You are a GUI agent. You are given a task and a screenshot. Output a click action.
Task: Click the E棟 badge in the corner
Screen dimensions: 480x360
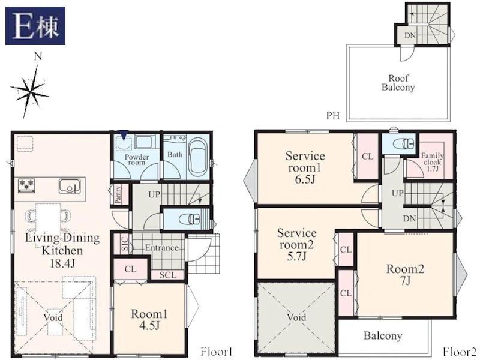(x=35, y=26)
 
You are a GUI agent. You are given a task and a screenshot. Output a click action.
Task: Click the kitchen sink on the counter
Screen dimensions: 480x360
(x=70, y=186)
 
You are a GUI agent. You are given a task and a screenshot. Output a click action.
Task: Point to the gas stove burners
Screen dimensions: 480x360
(x=26, y=185)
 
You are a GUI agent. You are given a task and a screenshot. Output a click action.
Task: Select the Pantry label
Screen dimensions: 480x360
(x=118, y=194)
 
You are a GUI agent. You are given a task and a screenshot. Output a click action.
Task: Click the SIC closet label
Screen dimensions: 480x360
(x=125, y=244)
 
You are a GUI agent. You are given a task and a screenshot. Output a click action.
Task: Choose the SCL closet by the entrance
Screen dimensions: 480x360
(x=168, y=275)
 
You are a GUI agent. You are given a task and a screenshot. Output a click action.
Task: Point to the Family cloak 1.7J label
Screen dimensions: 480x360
(x=432, y=162)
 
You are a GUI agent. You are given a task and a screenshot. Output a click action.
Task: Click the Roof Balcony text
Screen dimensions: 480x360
(x=398, y=83)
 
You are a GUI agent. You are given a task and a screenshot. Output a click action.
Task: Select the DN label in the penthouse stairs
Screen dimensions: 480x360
(x=410, y=35)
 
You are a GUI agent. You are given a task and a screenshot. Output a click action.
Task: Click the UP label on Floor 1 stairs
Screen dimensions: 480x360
(x=154, y=194)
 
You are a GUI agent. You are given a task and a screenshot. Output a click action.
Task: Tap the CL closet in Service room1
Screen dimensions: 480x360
(x=367, y=157)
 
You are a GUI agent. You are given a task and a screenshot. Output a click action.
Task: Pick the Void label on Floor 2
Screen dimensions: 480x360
(x=296, y=317)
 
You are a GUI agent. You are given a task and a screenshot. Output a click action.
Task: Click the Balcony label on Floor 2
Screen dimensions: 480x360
(x=383, y=336)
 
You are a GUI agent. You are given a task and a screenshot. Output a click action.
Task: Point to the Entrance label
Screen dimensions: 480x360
(x=161, y=247)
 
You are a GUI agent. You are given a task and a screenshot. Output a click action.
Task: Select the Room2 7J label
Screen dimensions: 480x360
(x=405, y=275)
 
